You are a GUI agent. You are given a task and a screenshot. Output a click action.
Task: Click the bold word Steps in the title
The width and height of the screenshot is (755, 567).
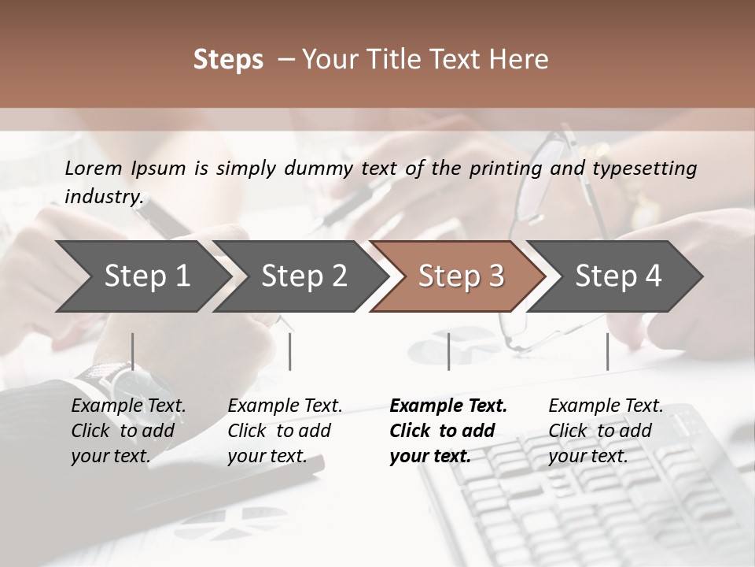click(x=228, y=60)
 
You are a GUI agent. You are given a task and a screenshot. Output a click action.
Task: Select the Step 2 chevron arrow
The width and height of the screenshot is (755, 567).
click(x=304, y=276)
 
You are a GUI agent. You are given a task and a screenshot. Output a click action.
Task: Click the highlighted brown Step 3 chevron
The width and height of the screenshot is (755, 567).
click(x=461, y=276)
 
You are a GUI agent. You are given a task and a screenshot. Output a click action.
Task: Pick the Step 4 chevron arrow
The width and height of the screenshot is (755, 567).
click(x=618, y=276)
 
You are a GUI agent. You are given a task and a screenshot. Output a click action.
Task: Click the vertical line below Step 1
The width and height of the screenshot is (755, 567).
click(x=133, y=351)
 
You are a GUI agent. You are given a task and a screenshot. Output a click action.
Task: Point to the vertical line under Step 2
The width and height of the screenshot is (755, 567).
click(x=290, y=351)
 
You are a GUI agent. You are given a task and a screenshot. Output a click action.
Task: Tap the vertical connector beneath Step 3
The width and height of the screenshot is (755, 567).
click(x=448, y=351)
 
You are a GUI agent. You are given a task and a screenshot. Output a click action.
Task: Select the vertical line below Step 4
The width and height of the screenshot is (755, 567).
click(x=607, y=351)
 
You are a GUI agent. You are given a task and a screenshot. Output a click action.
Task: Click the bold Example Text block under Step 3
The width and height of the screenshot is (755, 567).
click(x=448, y=431)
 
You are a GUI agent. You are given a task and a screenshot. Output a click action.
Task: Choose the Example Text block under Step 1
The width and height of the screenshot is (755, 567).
click(x=128, y=431)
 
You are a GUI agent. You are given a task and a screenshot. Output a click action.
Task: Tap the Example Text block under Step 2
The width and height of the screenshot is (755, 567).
click(x=285, y=431)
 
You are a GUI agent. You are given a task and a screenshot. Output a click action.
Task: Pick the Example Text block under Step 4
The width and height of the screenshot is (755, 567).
click(x=606, y=431)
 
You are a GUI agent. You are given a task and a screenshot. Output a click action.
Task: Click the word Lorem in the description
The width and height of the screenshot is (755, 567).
click(x=94, y=169)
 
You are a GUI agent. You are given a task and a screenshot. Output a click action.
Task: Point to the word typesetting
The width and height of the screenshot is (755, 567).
click(x=650, y=169)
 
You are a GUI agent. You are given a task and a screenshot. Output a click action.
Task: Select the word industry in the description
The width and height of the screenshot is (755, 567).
click(x=102, y=197)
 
